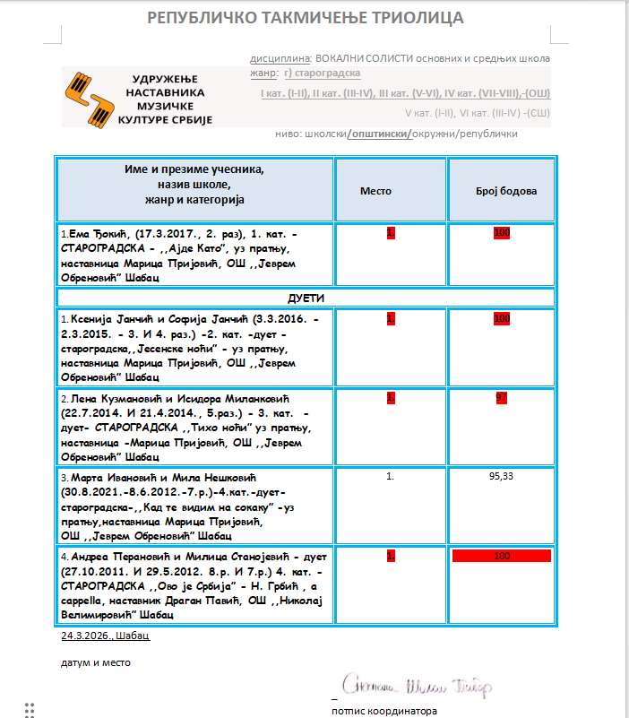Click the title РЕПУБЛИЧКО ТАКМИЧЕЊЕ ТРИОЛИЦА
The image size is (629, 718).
(305, 18)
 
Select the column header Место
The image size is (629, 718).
(375, 191)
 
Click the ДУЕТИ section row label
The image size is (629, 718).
(306, 297)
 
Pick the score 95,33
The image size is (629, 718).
(501, 476)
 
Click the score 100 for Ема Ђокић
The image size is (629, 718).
(501, 233)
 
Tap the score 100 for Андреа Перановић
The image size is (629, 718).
(501, 556)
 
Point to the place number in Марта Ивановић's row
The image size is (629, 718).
(390, 476)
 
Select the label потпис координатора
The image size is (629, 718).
(384, 711)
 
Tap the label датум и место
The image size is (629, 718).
(96, 662)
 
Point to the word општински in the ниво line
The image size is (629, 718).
(379, 134)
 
